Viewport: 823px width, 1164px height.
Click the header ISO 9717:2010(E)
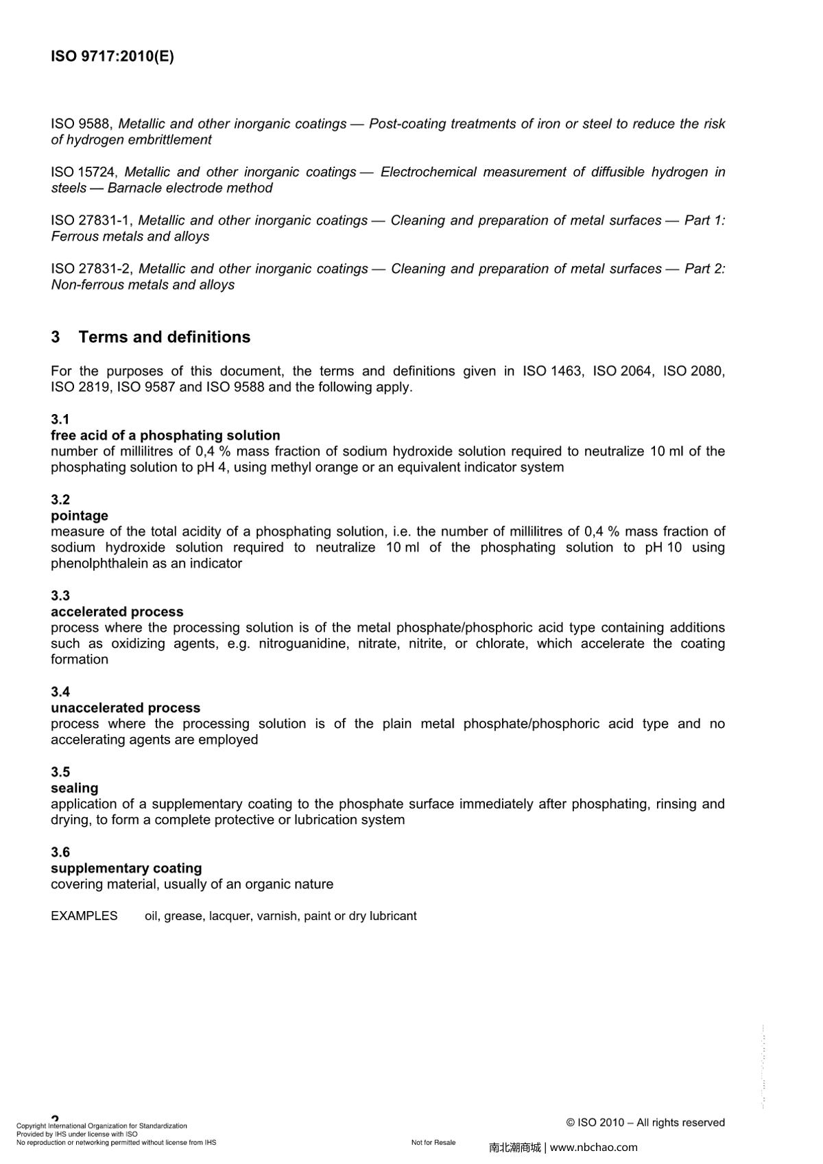[x=112, y=56]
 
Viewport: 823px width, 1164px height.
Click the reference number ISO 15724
[x=84, y=172]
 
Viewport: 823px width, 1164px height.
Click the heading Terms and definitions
[x=164, y=337]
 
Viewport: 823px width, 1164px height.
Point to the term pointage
[x=79, y=516]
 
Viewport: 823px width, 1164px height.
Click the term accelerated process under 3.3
[x=117, y=611]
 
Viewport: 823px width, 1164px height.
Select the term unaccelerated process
[x=125, y=707]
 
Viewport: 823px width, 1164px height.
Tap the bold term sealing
[x=74, y=788]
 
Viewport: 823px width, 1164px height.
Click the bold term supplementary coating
[x=126, y=868]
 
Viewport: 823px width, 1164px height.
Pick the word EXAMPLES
[x=84, y=916]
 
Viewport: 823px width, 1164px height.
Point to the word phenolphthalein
[x=95, y=563]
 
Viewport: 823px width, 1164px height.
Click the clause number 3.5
[x=60, y=772]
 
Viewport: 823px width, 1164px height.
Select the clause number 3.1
[x=60, y=420]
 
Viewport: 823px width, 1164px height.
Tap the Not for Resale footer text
[x=433, y=1143]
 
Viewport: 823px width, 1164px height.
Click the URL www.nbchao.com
[x=594, y=1148]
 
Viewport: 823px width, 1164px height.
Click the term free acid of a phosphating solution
[x=165, y=435]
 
